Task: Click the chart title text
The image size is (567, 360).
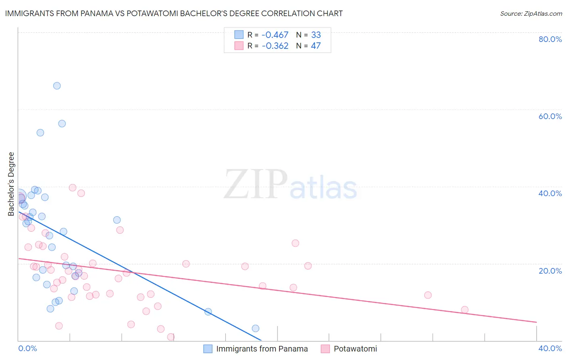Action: click(174, 13)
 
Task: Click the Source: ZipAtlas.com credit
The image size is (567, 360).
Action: click(531, 13)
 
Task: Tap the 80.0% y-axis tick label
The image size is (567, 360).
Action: click(550, 39)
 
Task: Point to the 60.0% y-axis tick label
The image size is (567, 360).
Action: click(550, 116)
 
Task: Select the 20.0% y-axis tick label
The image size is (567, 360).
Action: click(550, 271)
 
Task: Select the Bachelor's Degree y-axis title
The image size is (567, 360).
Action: click(11, 184)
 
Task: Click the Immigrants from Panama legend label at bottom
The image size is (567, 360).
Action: click(262, 349)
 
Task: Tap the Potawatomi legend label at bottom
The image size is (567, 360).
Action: click(355, 349)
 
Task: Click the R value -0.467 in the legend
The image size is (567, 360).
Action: click(275, 35)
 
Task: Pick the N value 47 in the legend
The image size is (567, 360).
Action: click(316, 46)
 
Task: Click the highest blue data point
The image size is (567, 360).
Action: click(57, 86)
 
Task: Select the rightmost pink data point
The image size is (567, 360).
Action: click(465, 310)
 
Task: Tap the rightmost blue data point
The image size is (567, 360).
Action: click(255, 329)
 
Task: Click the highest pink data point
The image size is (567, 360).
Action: click(73, 188)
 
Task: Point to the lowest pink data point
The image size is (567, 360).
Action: click(171, 337)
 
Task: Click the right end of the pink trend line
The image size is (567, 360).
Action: click(536, 322)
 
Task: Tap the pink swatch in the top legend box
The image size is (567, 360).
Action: click(239, 46)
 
